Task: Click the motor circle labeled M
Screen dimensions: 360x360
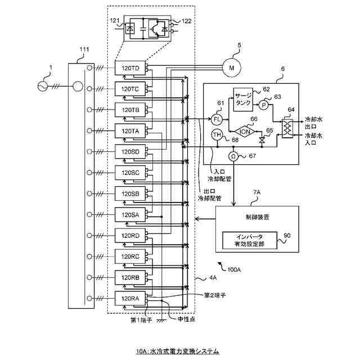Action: coord(231,68)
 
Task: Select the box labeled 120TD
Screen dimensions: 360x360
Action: coord(130,68)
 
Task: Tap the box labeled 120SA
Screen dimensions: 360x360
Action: coord(130,214)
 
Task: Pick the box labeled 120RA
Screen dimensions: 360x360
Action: coord(130,298)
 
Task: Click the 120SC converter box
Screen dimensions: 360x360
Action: coord(130,173)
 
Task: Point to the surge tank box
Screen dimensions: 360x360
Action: coord(245,100)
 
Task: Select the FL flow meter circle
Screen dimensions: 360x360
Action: coord(218,119)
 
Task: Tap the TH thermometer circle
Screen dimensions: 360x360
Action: coord(217,134)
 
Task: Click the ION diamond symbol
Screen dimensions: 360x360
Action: coord(245,130)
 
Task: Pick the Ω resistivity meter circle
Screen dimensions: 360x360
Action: coord(233,155)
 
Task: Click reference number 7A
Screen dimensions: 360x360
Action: coord(256,192)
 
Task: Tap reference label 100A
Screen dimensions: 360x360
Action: coord(234,269)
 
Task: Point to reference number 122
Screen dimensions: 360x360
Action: coord(187,21)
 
